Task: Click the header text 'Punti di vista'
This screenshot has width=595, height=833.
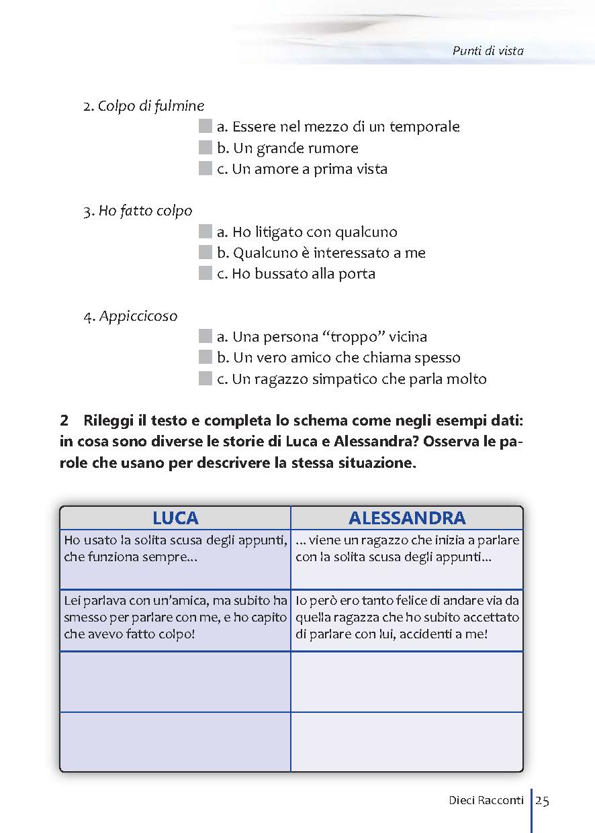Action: [x=488, y=50]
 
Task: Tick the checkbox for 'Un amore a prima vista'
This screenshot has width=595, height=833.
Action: [x=205, y=169]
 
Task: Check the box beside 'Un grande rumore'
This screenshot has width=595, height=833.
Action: [x=205, y=148]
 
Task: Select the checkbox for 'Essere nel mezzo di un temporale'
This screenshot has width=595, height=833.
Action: [x=205, y=127]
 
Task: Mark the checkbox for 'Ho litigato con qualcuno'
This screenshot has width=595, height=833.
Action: [x=205, y=232]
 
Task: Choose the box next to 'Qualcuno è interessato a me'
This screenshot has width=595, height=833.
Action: [x=205, y=253]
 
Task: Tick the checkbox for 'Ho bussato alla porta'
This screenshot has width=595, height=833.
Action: [x=205, y=274]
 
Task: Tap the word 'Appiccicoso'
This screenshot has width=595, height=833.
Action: [x=138, y=316]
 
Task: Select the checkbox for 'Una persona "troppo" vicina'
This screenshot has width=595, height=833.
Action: [x=205, y=337]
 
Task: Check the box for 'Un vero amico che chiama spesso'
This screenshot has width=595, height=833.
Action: [x=205, y=358]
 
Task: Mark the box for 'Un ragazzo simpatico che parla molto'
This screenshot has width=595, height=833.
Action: [x=205, y=379]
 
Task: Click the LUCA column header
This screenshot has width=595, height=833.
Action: [x=175, y=518]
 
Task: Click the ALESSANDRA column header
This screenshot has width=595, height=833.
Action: [x=407, y=518]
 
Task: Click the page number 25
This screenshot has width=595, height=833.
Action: [x=543, y=800]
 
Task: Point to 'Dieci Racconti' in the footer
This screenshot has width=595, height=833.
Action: [x=486, y=800]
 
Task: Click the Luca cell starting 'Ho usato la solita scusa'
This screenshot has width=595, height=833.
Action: [x=175, y=548]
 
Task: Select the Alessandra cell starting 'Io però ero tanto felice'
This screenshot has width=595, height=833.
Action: [x=407, y=617]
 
